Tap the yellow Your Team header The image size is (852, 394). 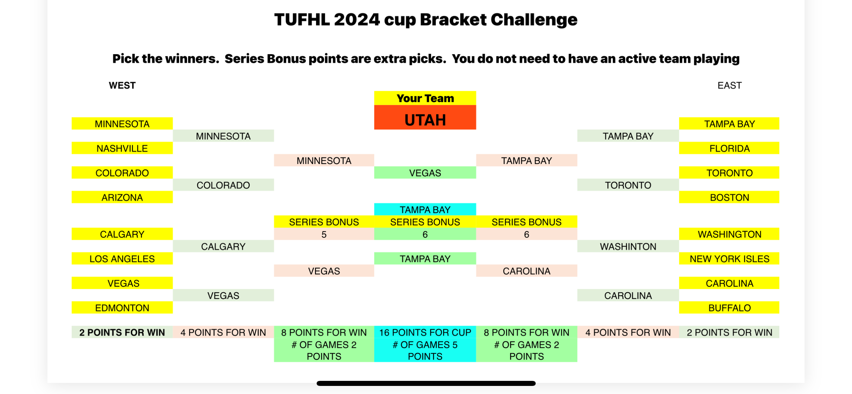click(425, 98)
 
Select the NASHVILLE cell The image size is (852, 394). click(122, 148)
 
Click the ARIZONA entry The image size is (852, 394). click(122, 197)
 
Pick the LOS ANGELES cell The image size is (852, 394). click(122, 259)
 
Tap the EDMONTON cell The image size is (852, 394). click(122, 308)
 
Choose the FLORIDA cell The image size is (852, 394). click(729, 148)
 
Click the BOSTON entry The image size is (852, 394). click(729, 197)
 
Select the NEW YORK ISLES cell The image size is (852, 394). click(729, 259)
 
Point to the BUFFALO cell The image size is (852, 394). click(729, 308)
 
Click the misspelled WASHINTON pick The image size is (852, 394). click(628, 247)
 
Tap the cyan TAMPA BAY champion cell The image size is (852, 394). click(425, 209)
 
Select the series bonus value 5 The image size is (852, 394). click(324, 234)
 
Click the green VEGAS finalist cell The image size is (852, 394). click(425, 173)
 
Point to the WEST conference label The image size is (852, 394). click(122, 86)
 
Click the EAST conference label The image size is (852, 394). click(730, 86)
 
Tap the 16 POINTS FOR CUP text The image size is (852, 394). click(425, 332)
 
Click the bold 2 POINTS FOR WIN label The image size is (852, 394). click(122, 332)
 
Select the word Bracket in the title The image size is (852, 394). click(453, 20)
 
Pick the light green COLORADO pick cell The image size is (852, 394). click(223, 185)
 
